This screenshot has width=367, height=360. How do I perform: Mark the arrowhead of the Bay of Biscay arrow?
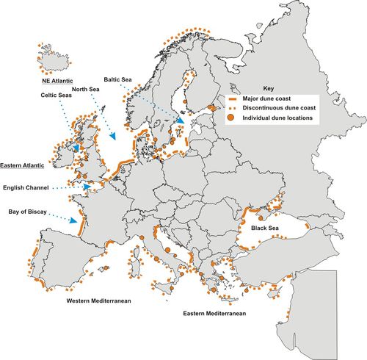coord(76,220)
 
